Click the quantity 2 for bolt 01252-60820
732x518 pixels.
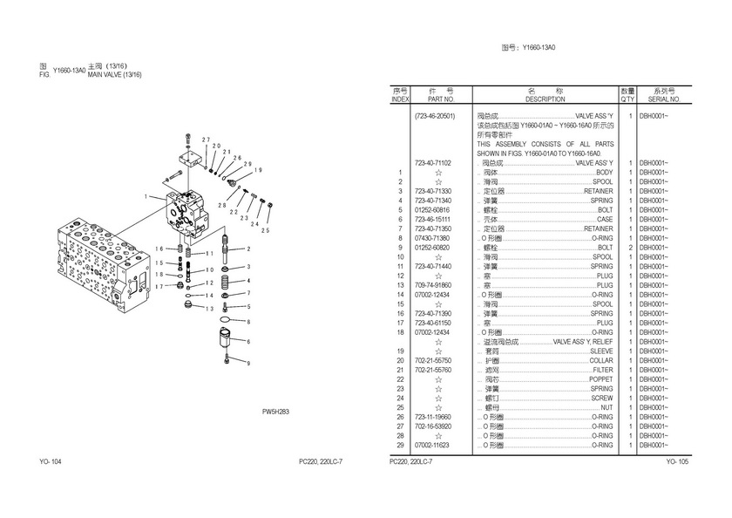[629, 247]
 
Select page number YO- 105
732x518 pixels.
[677, 460]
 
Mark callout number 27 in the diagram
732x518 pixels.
[206, 140]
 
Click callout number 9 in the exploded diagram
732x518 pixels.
[247, 362]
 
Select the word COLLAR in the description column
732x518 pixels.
[601, 360]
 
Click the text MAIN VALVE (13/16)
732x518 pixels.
[114, 75]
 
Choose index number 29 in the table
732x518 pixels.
[401, 445]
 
